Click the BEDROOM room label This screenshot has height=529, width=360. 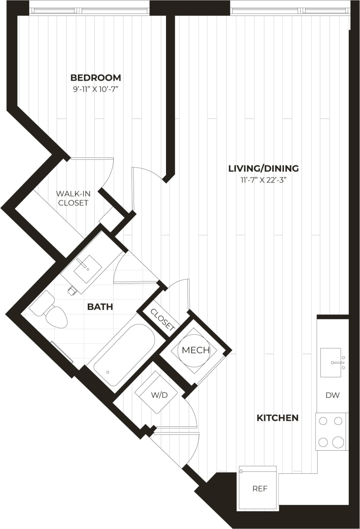click(95, 77)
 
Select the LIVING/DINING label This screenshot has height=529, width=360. click(263, 168)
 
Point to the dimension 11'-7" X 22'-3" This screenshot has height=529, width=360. click(263, 179)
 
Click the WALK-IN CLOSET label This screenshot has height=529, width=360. click(72, 198)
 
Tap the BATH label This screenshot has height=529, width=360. click(100, 307)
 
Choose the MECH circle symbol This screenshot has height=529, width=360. click(195, 351)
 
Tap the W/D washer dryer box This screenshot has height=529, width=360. click(159, 394)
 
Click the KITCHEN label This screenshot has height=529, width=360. click(277, 418)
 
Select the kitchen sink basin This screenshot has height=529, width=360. click(331, 362)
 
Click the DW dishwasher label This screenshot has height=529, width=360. click(333, 395)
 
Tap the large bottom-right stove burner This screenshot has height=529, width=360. click(338, 442)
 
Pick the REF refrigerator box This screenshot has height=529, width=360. click(260, 488)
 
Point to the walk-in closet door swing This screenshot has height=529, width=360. click(99, 172)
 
